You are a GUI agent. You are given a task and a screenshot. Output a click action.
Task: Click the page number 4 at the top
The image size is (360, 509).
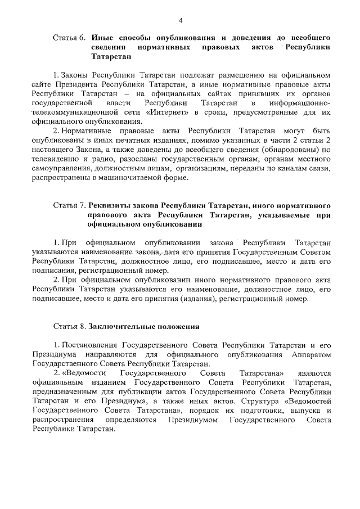181,21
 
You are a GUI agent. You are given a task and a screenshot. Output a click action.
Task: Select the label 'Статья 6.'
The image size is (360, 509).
69,38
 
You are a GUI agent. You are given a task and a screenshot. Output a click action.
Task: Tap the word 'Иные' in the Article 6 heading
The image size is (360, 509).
100,38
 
